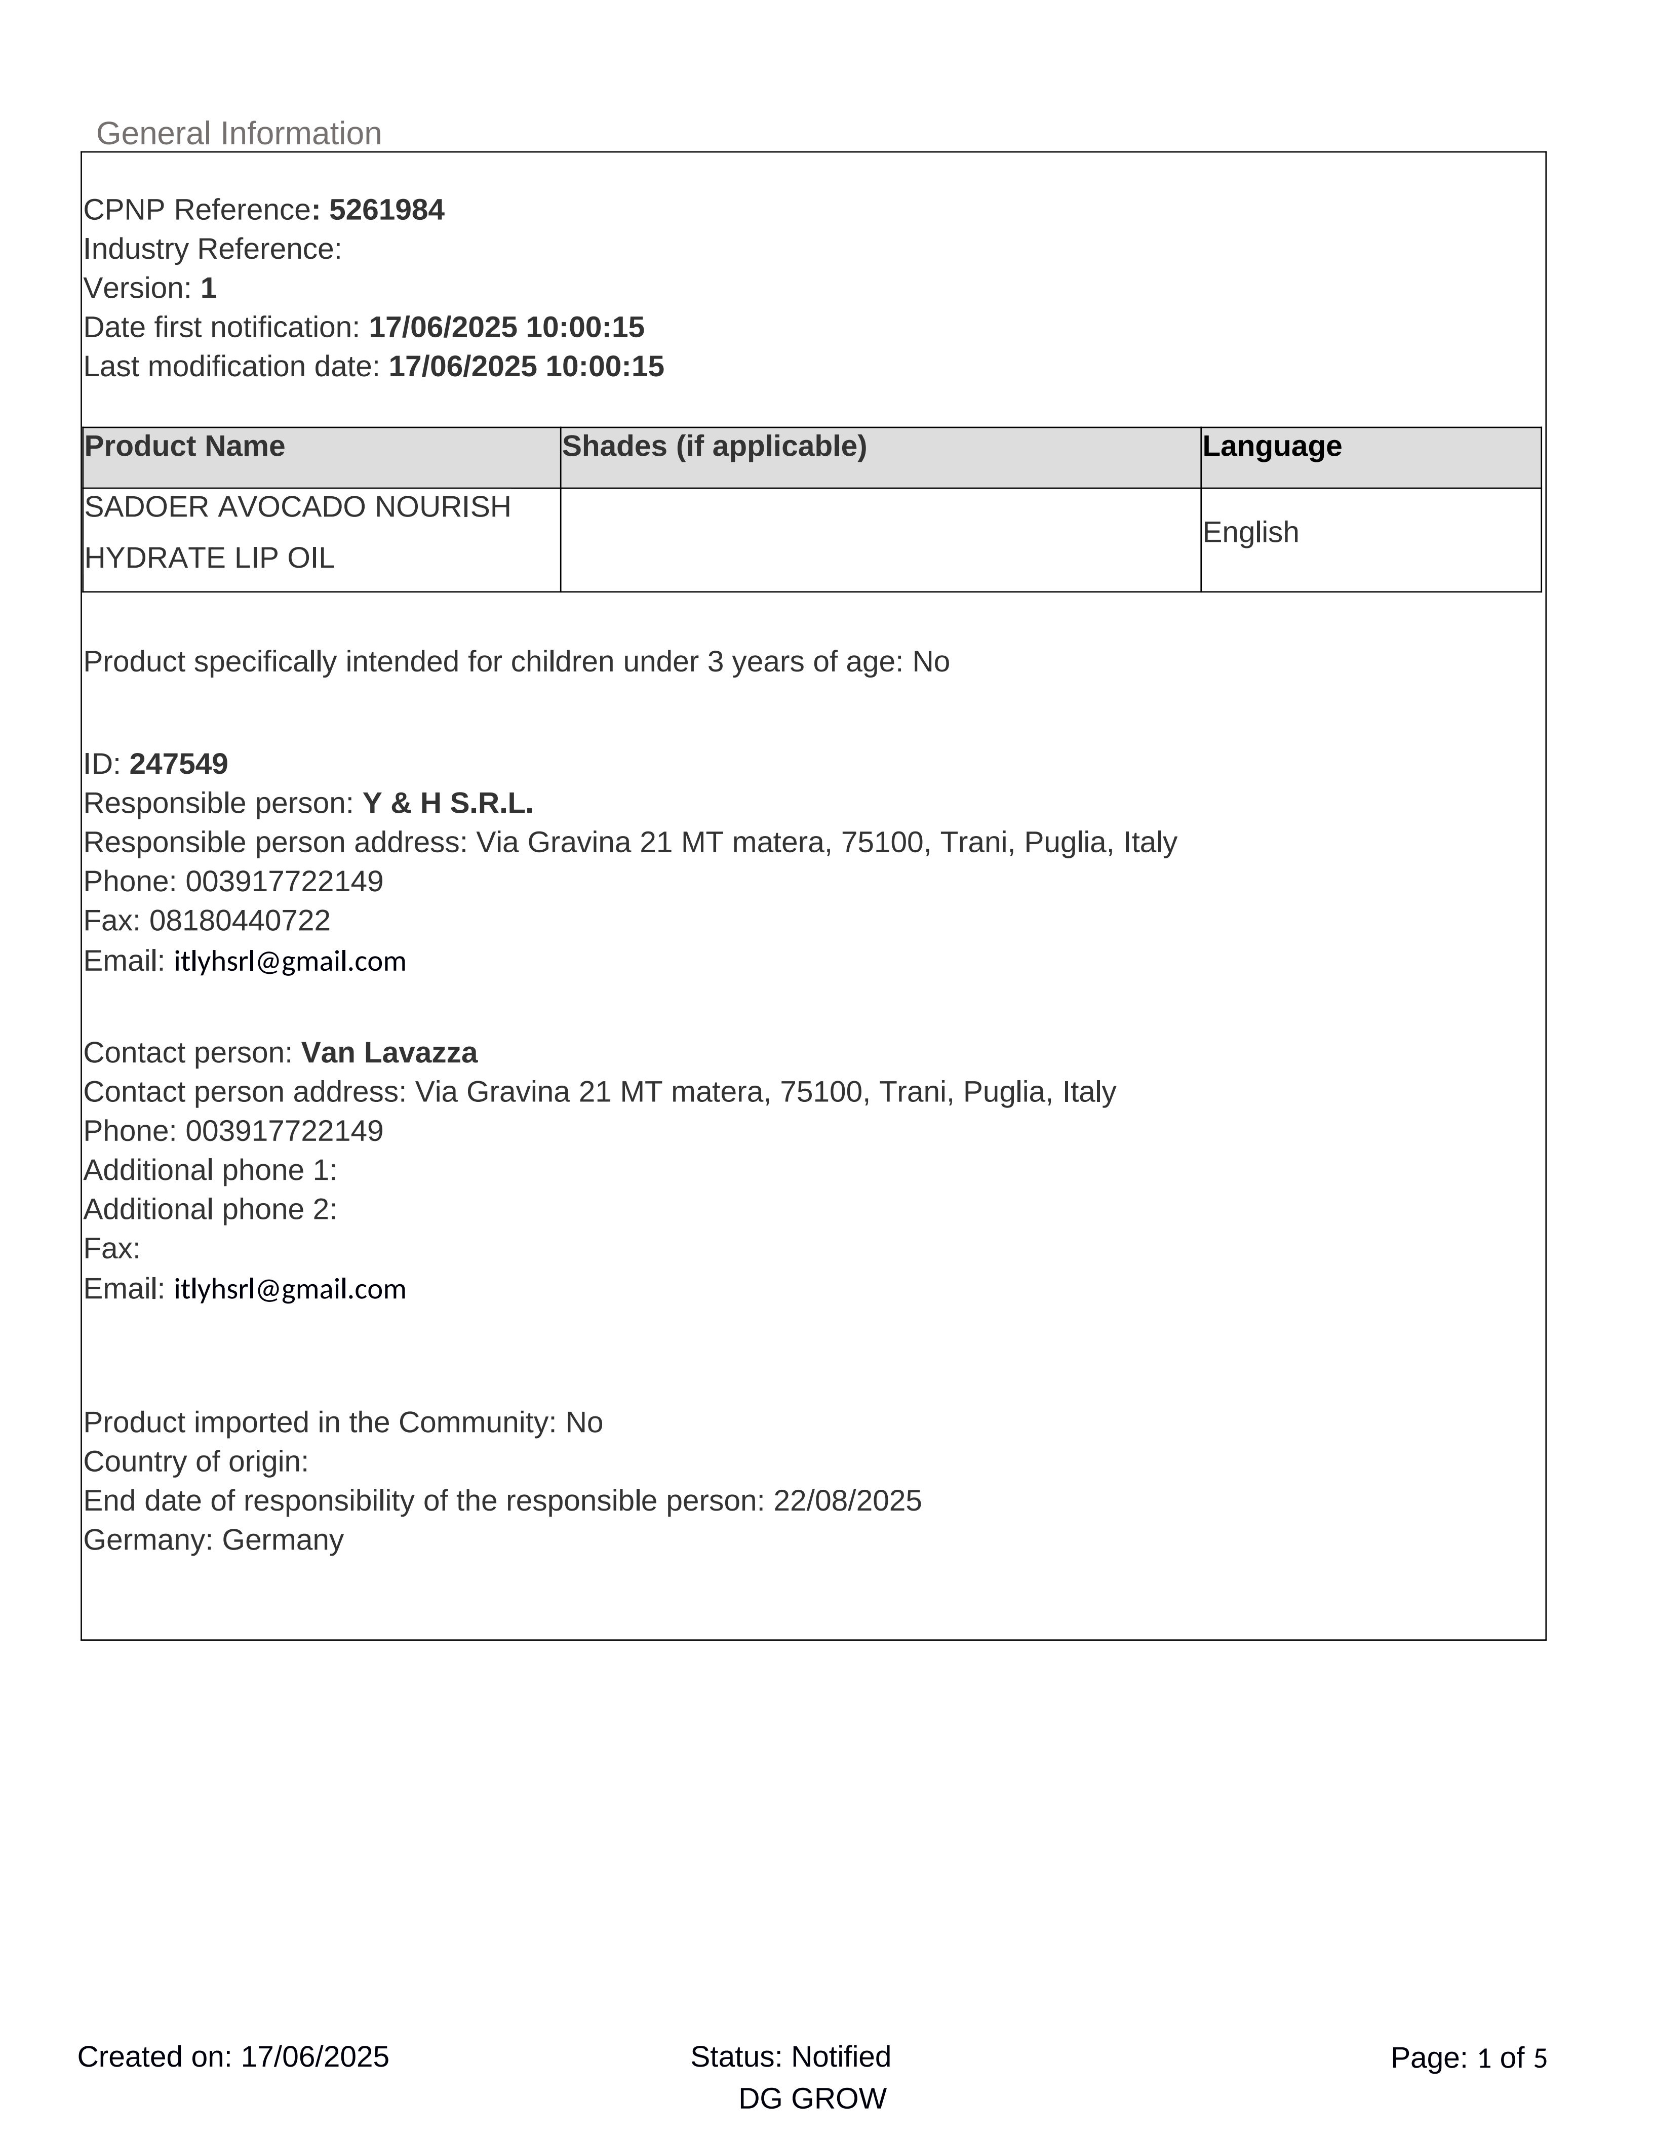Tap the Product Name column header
185,447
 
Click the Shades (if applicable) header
714,447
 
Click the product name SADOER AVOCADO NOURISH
298,507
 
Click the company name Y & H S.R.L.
448,803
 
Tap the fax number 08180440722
240,921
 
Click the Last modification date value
526,366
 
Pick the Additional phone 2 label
210,1210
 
